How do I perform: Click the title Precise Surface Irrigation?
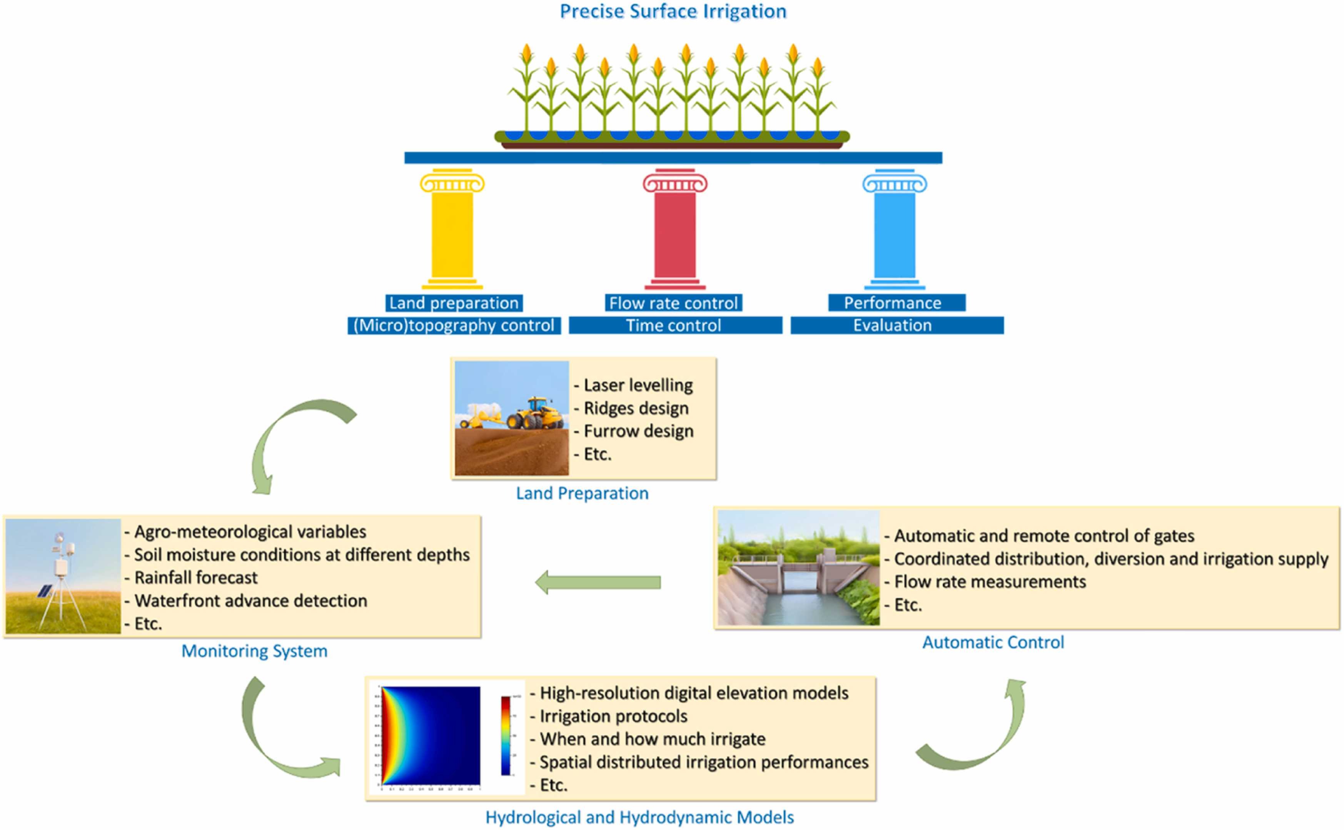pos(673,12)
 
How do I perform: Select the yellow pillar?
pos(452,230)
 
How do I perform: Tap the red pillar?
pos(675,230)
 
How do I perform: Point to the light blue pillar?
pos(895,230)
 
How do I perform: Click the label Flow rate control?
pos(673,303)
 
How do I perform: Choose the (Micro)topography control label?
pos(454,326)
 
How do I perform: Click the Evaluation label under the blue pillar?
pos(892,326)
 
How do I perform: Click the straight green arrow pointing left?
pos(598,583)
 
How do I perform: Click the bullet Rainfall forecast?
pos(196,578)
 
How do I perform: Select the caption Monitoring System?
pos(255,651)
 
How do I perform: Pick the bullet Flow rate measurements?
pos(990,582)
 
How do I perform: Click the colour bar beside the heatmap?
pos(506,736)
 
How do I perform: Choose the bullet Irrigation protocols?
pos(614,716)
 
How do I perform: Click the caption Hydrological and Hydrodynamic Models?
pos(639,817)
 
